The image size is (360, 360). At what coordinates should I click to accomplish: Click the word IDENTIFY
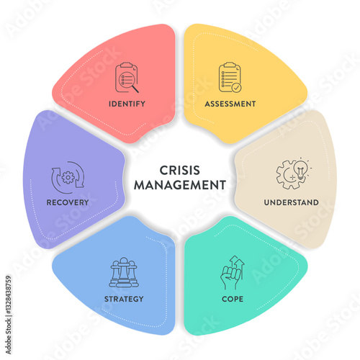127,104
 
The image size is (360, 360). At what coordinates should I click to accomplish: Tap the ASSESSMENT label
230,104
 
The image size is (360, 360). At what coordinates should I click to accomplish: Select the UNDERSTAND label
292,202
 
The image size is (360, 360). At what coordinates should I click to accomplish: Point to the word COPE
233,299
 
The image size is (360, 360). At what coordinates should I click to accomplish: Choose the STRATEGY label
124,299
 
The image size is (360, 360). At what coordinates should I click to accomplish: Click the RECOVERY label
68,202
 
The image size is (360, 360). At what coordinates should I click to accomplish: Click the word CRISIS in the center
180,171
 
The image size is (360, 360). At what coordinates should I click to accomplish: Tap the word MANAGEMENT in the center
180,185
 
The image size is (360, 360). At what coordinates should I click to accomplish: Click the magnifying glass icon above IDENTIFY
129,81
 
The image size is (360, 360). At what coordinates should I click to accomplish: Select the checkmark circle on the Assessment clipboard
237,88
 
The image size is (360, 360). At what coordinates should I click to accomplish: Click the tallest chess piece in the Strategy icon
124,272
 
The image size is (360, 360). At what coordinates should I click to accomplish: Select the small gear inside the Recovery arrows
68,178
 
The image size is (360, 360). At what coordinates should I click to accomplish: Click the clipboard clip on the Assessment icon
230,65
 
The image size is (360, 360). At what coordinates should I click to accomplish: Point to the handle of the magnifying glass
135,89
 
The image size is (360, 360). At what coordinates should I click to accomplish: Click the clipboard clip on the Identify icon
127,65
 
